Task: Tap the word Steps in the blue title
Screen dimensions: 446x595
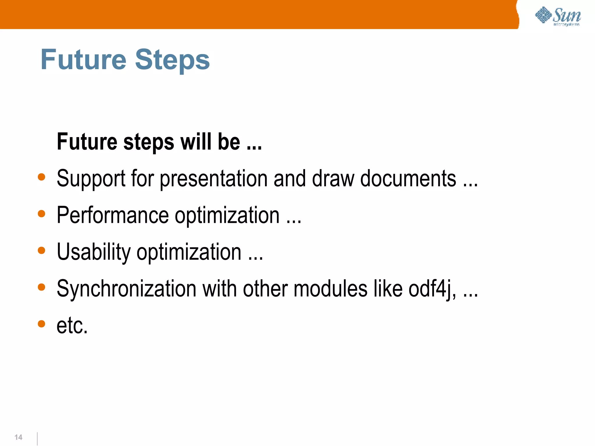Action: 172,60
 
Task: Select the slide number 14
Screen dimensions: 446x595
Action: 18,437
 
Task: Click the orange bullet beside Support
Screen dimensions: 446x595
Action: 42,177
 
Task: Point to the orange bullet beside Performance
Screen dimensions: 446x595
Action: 42,214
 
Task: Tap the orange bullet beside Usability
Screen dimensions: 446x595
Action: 42,250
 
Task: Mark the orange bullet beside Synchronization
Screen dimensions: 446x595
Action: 42,287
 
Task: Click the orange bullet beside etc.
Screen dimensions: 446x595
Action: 42,324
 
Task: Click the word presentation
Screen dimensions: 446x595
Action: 214,179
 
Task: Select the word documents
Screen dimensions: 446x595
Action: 408,178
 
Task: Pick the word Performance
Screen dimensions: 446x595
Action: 112,215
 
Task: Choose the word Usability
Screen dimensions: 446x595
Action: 94,252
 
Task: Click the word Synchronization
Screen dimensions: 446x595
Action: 126,289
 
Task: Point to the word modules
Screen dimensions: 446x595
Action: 330,289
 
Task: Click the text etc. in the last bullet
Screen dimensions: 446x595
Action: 72,325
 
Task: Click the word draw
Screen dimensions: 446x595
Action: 333,178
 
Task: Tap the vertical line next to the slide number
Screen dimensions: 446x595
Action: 37,438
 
